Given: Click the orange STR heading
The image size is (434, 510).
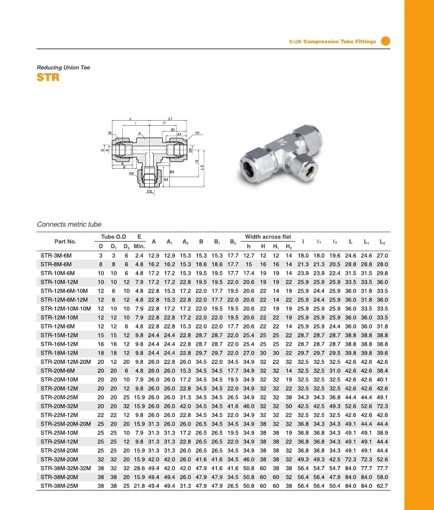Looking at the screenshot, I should (x=48, y=78).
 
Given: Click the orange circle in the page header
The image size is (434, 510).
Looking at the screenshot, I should (x=385, y=41).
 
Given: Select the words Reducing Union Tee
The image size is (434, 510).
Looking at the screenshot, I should (x=63, y=68).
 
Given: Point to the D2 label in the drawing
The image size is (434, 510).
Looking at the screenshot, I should (x=149, y=191).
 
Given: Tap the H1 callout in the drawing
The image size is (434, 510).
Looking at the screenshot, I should (x=197, y=133).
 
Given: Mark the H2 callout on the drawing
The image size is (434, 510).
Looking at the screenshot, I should (x=132, y=174).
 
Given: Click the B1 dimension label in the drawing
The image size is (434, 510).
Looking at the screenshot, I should (x=173, y=129).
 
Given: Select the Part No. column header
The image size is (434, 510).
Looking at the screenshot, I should (x=65, y=241).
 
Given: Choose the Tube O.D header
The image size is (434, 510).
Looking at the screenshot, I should (x=114, y=237).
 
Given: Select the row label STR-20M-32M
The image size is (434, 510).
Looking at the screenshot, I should (x=59, y=406).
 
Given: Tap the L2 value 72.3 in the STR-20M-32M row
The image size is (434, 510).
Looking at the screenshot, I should (x=382, y=406).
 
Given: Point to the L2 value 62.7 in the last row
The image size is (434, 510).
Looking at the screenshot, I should (x=382, y=486).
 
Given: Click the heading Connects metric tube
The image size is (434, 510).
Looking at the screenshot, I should (x=69, y=224).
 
